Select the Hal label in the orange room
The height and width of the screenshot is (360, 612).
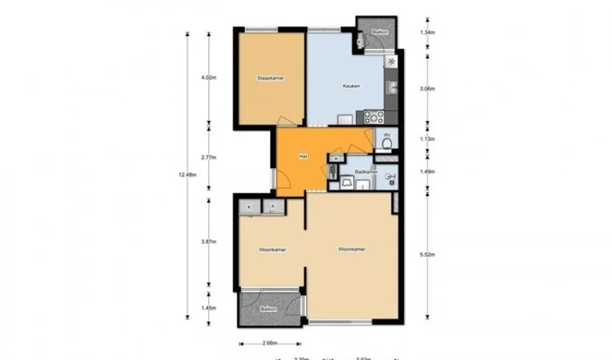point(303,155)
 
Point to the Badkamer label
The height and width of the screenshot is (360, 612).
point(366,172)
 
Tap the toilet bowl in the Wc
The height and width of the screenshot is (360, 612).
point(387,145)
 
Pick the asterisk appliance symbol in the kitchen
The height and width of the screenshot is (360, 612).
point(392,61)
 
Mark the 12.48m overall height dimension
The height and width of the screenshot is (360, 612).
point(185,173)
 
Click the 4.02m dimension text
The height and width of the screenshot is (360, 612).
point(209,78)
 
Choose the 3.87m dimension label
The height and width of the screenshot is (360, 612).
point(209,242)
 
